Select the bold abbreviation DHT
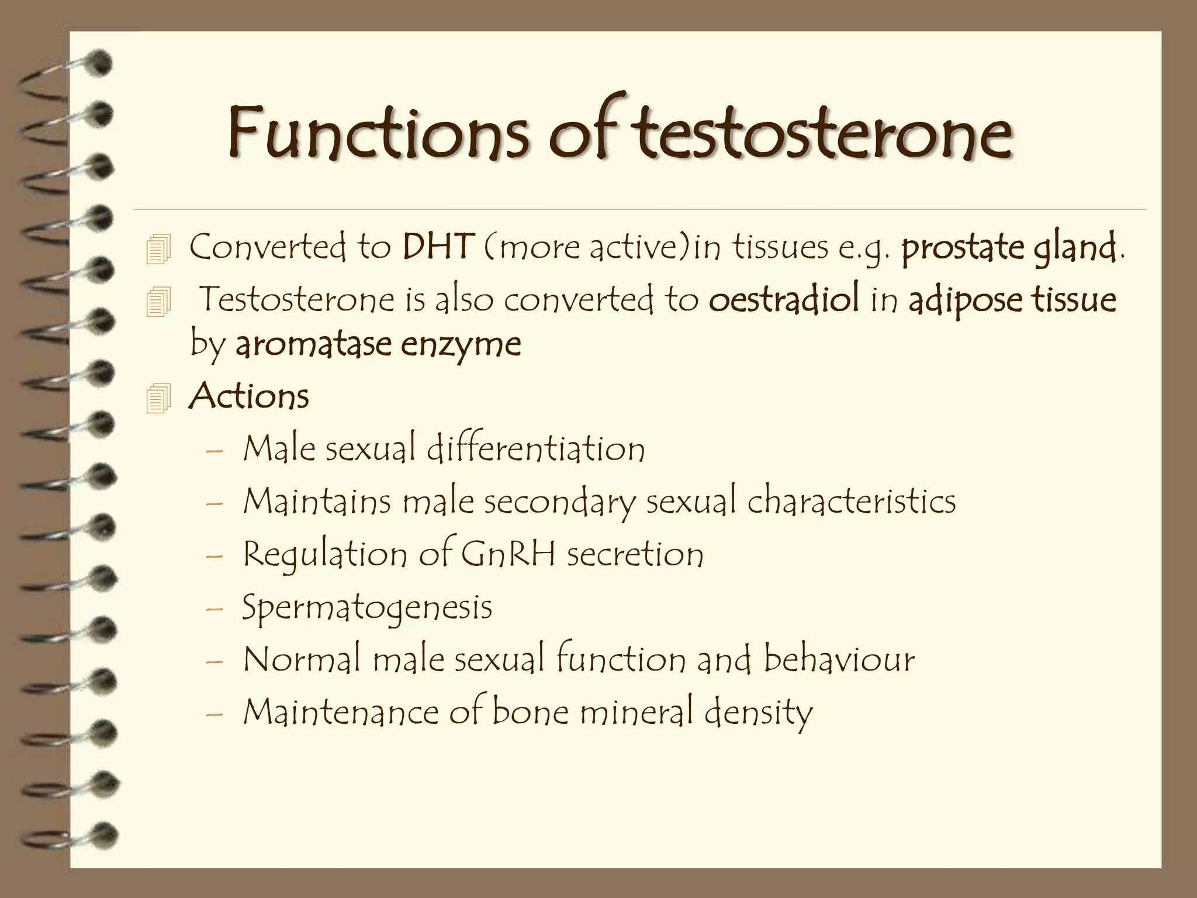point(437,247)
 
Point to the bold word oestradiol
point(784,299)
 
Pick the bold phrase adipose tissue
point(1012,300)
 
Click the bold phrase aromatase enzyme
point(378,344)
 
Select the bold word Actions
point(249,396)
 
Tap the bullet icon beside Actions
point(158,398)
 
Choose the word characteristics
point(851,502)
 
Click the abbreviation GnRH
point(508,554)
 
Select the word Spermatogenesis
point(367,607)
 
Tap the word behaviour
point(839,659)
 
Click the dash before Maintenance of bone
point(215,714)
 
